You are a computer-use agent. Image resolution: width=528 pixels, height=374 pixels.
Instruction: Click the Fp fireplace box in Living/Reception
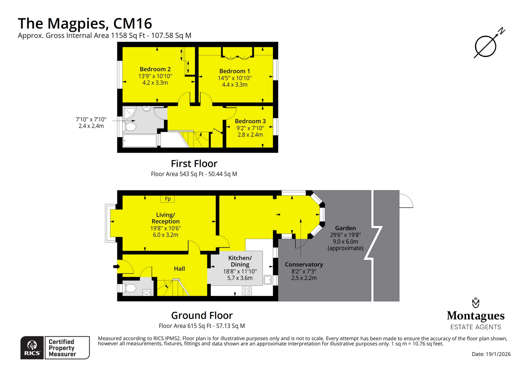pos(167,199)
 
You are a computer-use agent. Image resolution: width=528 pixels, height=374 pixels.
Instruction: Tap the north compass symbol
pos(485,46)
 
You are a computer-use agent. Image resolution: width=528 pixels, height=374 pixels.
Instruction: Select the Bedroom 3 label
pos(250,121)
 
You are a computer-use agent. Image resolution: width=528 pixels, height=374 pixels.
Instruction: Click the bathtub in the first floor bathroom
pos(140,141)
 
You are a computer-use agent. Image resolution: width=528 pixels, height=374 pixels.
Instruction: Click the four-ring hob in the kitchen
pos(247,291)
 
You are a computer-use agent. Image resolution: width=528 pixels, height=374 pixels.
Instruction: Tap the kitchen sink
pos(268,280)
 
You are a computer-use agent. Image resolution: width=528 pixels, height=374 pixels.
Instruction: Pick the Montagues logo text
pos(475,316)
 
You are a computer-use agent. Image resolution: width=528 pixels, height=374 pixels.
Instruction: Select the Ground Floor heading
pos(202,315)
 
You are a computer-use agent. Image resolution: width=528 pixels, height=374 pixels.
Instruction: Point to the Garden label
pos(345,228)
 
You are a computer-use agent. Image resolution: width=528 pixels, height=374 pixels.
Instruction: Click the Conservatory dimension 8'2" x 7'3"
pos(304,271)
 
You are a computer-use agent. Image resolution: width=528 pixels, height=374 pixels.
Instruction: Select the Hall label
pos(179,269)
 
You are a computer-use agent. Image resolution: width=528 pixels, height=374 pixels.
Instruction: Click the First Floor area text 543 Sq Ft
pos(194,174)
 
